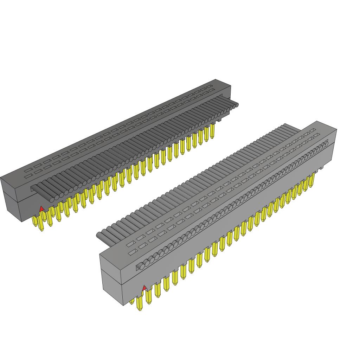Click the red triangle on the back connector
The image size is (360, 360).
click(42, 209)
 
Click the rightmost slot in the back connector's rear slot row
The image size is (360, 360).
click(210, 86)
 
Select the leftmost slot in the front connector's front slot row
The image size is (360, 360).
click(133, 252)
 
